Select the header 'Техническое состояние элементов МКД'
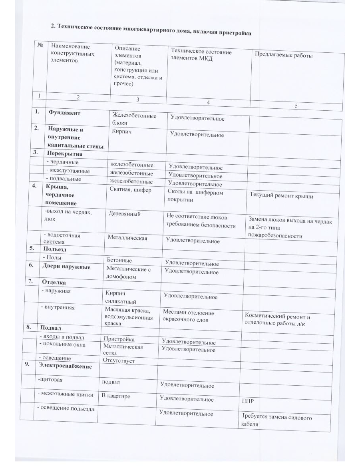201,54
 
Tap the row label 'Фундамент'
64,113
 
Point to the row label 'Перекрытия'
65,153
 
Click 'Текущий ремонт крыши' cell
281,196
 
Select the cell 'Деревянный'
124,214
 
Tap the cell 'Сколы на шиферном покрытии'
195,196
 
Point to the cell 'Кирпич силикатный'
120,297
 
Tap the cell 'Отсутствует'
119,361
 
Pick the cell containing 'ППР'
248,400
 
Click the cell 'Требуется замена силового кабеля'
276,421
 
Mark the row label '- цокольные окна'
62,344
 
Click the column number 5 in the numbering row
296,106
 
